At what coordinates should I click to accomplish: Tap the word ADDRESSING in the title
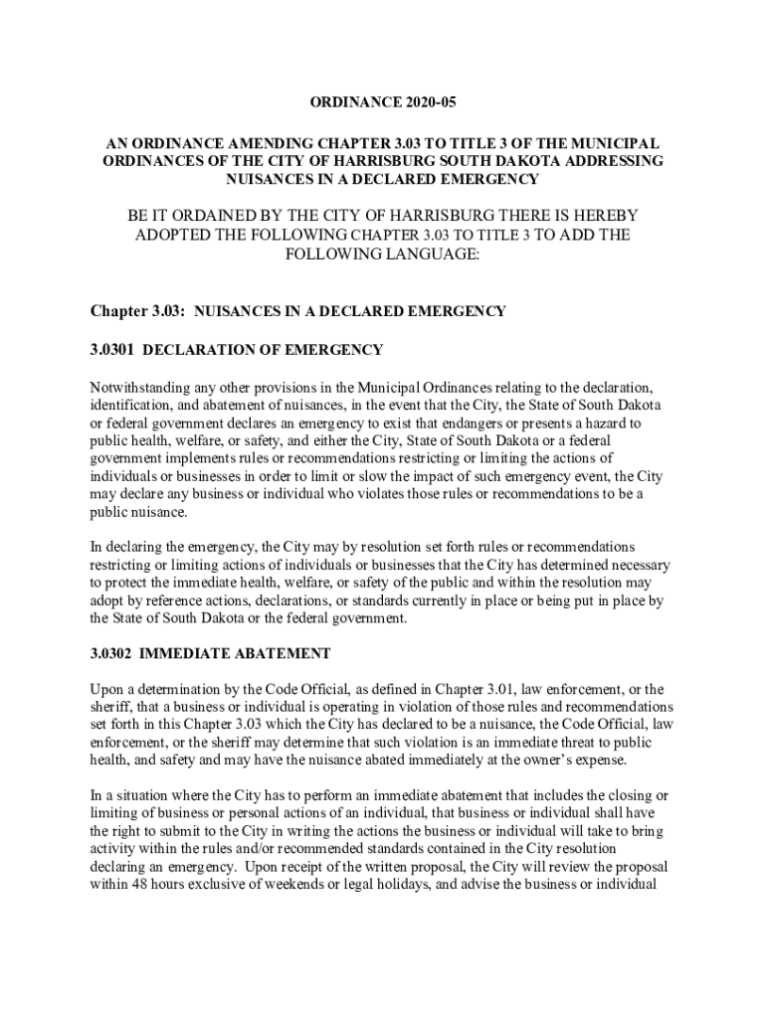[x=607, y=161]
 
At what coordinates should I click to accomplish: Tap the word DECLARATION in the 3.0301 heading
[x=212, y=350]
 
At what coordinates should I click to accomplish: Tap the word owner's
[x=527, y=762]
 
